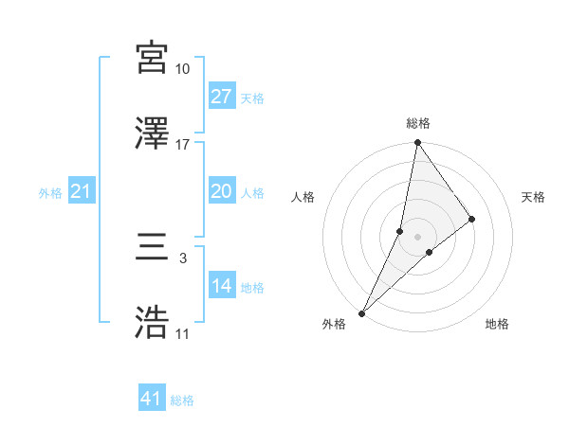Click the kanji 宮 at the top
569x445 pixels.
pos(153,59)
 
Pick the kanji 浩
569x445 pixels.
pos(153,322)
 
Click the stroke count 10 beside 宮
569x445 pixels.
pos(182,69)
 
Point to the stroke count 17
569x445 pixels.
pos(182,145)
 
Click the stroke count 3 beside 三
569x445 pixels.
pos(182,258)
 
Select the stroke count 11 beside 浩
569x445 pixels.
pos(182,333)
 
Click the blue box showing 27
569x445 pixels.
pos(222,97)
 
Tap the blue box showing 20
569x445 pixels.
pos(222,191)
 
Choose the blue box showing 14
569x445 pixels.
pos(222,286)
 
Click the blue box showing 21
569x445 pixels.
pos(82,191)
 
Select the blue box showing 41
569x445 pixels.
pos(152,399)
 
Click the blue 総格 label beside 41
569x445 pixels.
pos(182,400)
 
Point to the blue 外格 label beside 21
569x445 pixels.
pos(50,193)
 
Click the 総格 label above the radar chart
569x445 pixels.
pos(417,123)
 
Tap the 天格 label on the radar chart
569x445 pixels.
pos(534,197)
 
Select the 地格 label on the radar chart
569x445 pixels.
pos(497,324)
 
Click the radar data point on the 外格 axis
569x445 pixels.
pos(361,313)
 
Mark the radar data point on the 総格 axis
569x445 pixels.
pos(417,143)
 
